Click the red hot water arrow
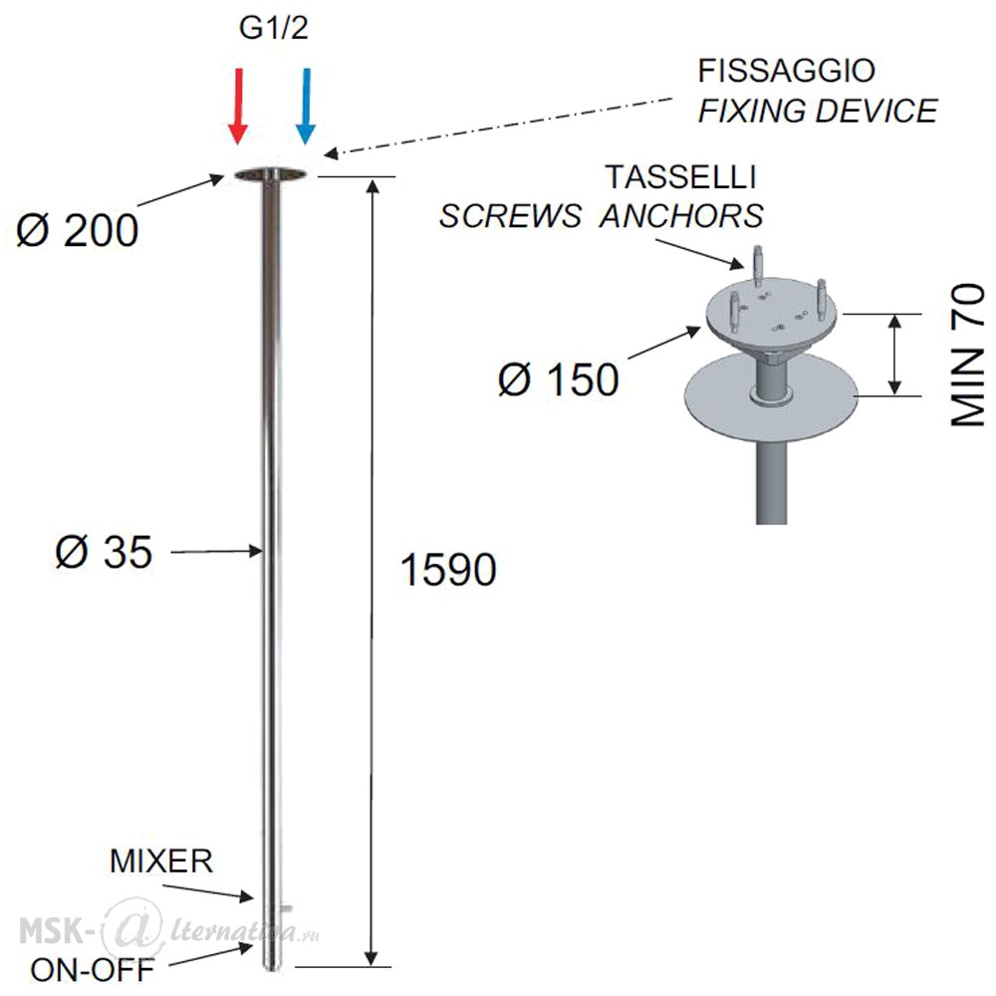238,107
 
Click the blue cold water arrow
306,107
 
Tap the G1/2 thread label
273,29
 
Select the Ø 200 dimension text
77,230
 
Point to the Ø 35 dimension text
104,552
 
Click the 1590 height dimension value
448,569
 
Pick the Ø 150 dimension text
559,379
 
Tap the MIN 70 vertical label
967,355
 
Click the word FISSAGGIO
787,71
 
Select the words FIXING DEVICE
818,111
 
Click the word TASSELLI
681,176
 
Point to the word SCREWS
510,216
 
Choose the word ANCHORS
681,216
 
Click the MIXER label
161,861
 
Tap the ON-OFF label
93,970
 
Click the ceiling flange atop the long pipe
271,174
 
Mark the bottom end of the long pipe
272,968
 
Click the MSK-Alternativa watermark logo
168,930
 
